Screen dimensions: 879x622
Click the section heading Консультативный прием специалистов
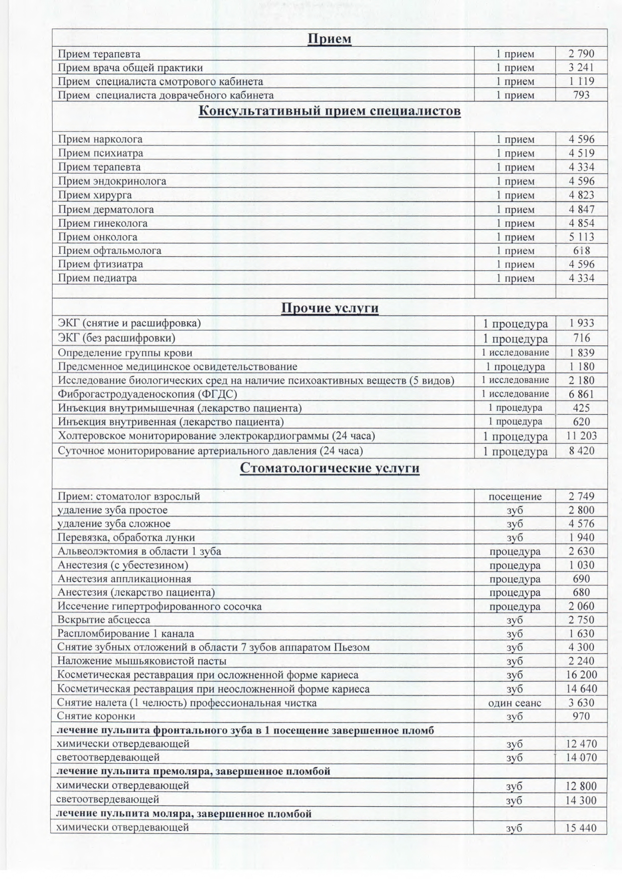pyautogui.click(x=330, y=111)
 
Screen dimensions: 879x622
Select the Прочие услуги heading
pyautogui.click(x=330, y=307)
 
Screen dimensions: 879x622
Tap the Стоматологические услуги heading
pyautogui.click(x=330, y=468)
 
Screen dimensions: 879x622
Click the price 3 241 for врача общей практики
pyautogui.click(x=581, y=68)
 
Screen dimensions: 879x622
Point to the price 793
pyautogui.click(x=581, y=95)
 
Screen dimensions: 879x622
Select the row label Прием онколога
pyautogui.click(x=97, y=237)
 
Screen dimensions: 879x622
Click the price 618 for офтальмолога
pyautogui.click(x=581, y=251)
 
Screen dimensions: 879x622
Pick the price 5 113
pyautogui.click(x=581, y=237)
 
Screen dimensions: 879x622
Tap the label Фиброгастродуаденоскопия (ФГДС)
pyautogui.click(x=147, y=394)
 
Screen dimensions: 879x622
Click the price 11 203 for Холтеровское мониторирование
pyautogui.click(x=581, y=436)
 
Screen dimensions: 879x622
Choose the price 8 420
pyautogui.click(x=581, y=451)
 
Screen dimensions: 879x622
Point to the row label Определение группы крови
pyautogui.click(x=125, y=353)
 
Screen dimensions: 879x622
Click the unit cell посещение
pyautogui.click(x=515, y=496)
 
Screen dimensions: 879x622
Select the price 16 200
pyautogui.click(x=581, y=675)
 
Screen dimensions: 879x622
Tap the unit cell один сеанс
pyautogui.click(x=515, y=703)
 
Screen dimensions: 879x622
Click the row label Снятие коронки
pyautogui.click(x=96, y=716)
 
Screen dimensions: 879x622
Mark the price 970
pyautogui.click(x=581, y=716)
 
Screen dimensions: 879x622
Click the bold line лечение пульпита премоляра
pyautogui.click(x=194, y=771)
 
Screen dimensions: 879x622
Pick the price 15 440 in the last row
pyautogui.click(x=581, y=828)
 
